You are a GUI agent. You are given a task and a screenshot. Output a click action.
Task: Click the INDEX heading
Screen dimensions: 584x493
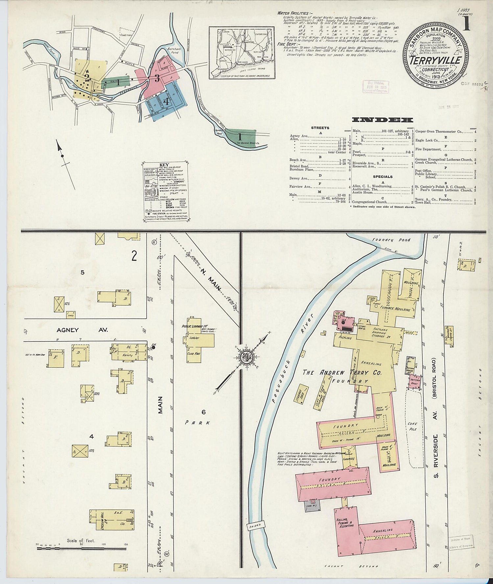point(383,120)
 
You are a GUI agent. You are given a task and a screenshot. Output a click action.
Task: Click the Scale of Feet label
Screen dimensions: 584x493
point(81,540)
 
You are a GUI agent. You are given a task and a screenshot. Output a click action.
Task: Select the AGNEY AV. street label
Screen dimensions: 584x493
point(82,330)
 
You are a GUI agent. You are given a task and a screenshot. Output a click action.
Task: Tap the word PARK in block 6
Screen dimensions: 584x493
point(197,423)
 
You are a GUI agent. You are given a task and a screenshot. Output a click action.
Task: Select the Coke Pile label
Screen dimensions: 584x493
point(412,426)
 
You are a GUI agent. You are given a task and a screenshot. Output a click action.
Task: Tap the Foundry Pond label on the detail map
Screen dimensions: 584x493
point(391,240)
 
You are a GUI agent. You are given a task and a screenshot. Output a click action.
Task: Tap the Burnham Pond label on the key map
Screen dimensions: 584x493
point(173,51)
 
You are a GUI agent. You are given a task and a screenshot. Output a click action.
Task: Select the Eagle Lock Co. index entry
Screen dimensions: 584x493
point(427,140)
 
